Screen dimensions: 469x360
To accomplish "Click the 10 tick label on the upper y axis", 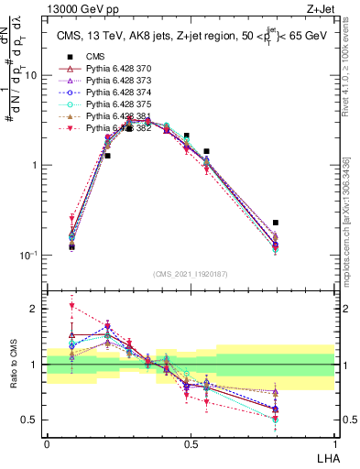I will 30,76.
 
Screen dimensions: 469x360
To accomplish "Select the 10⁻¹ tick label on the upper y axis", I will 28,255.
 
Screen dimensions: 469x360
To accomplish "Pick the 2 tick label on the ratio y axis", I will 35,310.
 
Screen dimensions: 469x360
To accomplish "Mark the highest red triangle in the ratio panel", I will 72,306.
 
